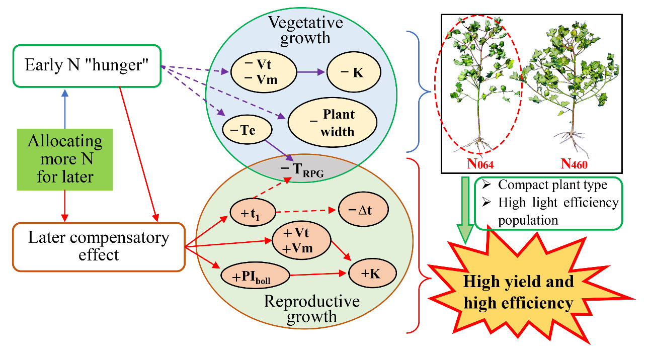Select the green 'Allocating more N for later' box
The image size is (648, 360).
click(65, 159)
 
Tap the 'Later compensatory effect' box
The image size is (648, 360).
click(99, 246)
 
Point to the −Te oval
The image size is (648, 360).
click(247, 131)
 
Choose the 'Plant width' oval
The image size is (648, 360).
click(332, 122)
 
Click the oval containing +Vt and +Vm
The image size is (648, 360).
click(301, 241)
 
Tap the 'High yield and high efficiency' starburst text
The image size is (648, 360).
click(518, 293)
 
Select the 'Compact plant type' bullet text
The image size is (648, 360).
click(552, 185)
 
